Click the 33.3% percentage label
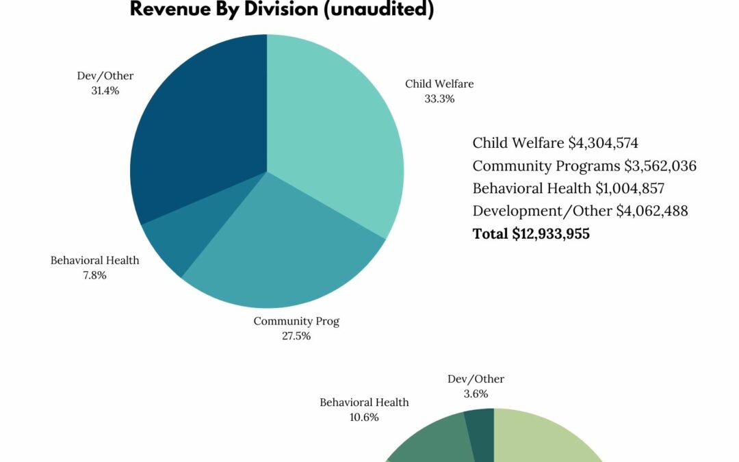[439, 99]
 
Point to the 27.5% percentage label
[296, 336]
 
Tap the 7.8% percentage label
[94, 275]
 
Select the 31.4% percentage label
[105, 90]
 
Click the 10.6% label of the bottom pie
[364, 418]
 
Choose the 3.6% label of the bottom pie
[476, 394]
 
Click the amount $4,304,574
[604, 143]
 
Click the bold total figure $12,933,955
[551, 233]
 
